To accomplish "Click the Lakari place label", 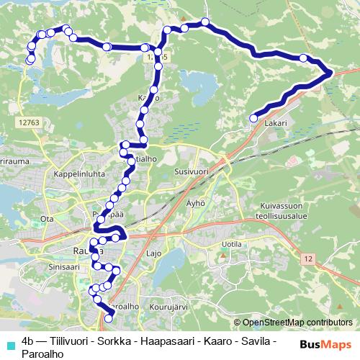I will click(275, 123).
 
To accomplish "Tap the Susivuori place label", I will click(191, 173).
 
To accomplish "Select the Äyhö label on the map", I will click(197, 204).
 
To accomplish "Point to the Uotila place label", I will click(233, 245).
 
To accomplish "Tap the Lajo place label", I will click(153, 253).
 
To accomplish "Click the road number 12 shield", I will click(309, 258).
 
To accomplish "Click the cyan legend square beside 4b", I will click(10, 344).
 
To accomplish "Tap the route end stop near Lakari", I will click(253, 118).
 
